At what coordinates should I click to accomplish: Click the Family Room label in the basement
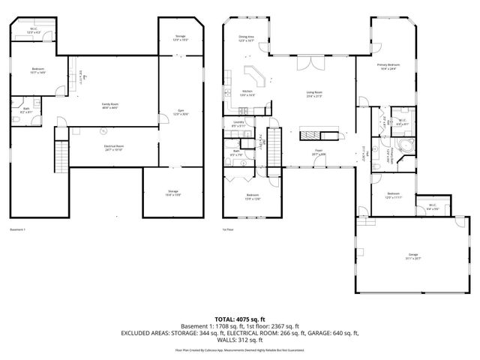(x=110, y=106)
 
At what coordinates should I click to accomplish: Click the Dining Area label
(x=247, y=38)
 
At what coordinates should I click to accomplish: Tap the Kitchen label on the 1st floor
(x=247, y=94)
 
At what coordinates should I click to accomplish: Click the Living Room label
(x=313, y=94)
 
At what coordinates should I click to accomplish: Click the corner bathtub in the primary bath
(x=404, y=145)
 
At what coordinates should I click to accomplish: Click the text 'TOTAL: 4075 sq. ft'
(x=240, y=319)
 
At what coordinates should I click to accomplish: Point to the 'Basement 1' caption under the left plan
(x=18, y=229)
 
